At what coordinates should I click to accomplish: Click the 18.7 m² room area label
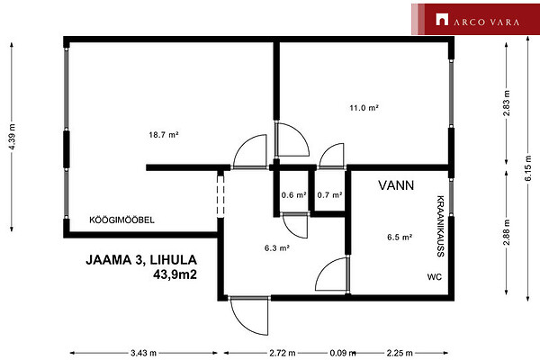pos(164,135)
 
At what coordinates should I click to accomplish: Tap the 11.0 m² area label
pos(364,108)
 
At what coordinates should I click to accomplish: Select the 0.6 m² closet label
pos(293,195)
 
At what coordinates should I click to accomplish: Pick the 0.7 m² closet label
pos(329,195)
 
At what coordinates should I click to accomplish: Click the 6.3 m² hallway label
pos(277,247)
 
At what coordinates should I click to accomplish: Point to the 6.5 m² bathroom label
pos(400,237)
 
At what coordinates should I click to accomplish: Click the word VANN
pos(396,185)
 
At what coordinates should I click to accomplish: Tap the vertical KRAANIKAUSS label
pos(440,226)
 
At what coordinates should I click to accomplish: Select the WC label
pos(435,277)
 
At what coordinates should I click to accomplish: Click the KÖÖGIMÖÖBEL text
pos(121,220)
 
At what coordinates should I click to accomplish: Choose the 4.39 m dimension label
pos(13,137)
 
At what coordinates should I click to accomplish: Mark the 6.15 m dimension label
pos(528,168)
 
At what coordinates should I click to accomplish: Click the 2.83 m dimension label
pos(506,103)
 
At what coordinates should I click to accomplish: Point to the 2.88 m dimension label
pos(506,232)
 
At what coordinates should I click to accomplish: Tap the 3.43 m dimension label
pos(144,353)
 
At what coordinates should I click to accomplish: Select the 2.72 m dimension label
pos(283,353)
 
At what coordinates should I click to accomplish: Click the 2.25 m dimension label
pos(400,353)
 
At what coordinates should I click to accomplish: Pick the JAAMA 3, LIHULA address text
pos(141,260)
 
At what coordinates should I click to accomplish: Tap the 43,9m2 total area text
pos(175,274)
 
